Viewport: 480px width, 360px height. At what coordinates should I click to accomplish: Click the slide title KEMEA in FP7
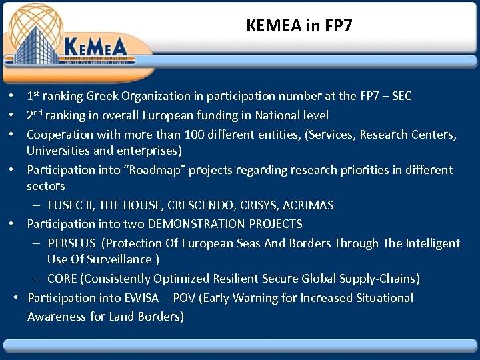tap(299, 26)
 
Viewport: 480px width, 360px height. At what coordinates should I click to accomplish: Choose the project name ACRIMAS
tap(307, 205)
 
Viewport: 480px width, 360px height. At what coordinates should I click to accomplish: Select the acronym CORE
tap(63, 278)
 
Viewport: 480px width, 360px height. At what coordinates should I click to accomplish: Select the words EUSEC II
tap(75, 205)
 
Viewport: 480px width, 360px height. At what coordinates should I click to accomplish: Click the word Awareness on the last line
tap(55, 316)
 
